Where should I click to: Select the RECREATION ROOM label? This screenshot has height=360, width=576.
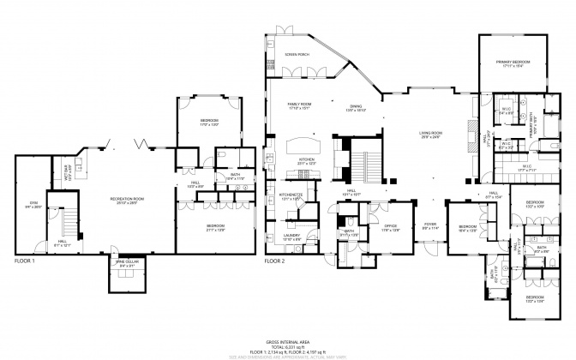click(x=127, y=200)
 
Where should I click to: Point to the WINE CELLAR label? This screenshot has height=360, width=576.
click(x=126, y=265)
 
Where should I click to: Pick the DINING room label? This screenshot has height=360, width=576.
click(x=357, y=108)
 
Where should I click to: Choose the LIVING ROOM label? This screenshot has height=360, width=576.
click(x=430, y=134)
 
